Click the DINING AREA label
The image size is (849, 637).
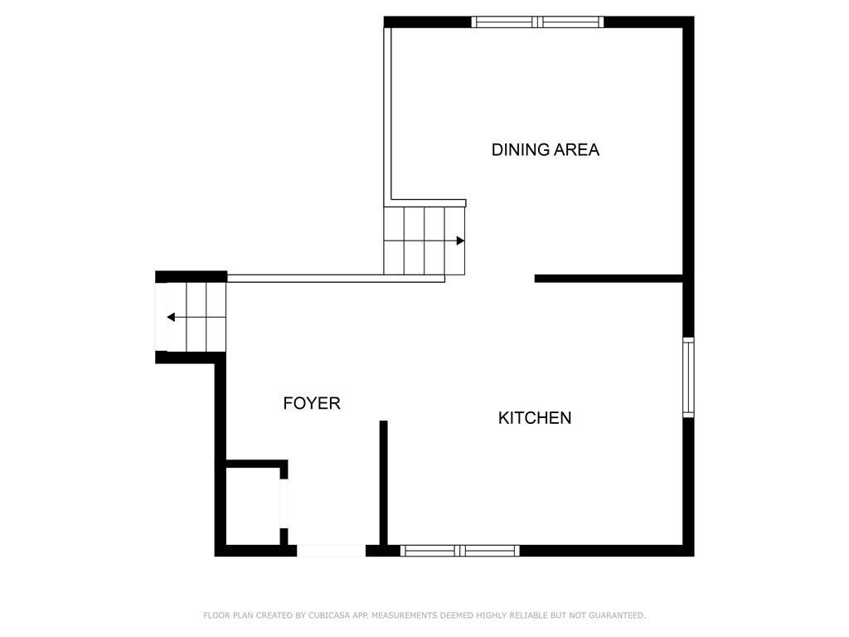pyautogui.click(x=546, y=149)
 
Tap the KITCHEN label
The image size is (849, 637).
pyautogui.click(x=535, y=418)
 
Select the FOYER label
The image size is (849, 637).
pyautogui.click(x=312, y=403)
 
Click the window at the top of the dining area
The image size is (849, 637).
pyautogui.click(x=537, y=22)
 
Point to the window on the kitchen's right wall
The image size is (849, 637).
pyautogui.click(x=688, y=377)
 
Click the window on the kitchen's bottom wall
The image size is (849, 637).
pyautogui.click(x=459, y=551)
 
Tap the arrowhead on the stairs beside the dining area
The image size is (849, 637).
pyautogui.click(x=460, y=241)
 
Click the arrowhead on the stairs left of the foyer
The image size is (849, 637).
pyautogui.click(x=171, y=317)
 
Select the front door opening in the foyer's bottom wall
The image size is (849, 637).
pyautogui.click(x=332, y=551)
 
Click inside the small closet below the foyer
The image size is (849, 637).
pyautogui.click(x=252, y=506)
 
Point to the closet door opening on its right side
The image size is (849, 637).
pyautogui.click(x=284, y=503)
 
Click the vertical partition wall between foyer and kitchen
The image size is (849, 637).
pyautogui.click(x=383, y=483)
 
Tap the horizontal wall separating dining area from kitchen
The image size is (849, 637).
pyautogui.click(x=609, y=279)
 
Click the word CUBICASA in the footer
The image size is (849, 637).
pyautogui.click(x=329, y=615)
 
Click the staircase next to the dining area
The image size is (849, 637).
pyautogui.click(x=424, y=241)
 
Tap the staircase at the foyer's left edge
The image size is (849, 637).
pyautogui.click(x=191, y=317)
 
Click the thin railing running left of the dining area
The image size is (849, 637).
pyautogui.click(x=387, y=114)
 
